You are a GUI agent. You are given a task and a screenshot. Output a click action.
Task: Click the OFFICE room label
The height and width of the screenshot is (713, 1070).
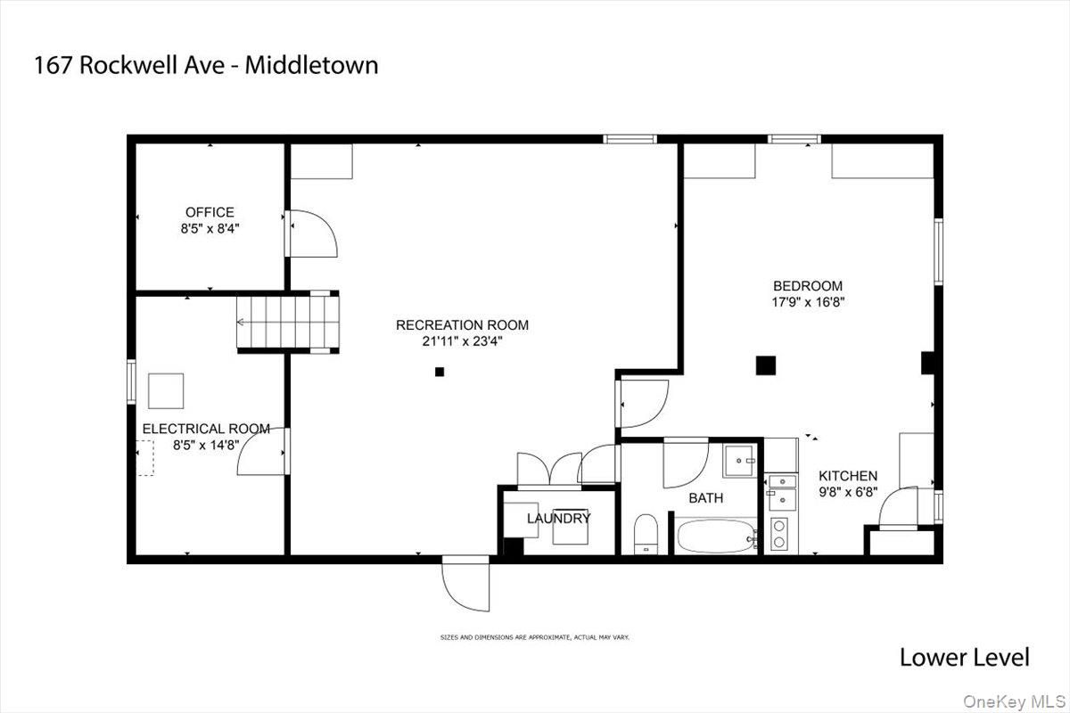coord(210,212)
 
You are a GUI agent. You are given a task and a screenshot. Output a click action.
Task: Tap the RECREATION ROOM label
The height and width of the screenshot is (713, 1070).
coord(463,325)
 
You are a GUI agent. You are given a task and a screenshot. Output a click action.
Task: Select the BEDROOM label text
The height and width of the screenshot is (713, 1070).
coord(808,286)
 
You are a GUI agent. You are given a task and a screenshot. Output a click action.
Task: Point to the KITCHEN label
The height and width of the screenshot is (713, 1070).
coord(848,476)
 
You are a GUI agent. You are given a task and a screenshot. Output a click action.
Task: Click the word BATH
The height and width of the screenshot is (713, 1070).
coord(705,498)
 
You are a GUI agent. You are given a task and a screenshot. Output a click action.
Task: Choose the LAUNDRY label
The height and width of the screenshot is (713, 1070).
coord(559,518)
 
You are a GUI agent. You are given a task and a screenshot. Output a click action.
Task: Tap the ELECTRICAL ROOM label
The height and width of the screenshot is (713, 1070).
coord(206,429)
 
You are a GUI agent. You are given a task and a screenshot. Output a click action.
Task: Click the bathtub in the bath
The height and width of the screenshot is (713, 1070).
coord(716,537)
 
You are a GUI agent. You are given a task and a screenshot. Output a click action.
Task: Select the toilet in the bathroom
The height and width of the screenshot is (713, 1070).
coord(646,535)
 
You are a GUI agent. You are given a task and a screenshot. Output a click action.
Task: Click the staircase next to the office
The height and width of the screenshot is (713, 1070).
coord(288,322)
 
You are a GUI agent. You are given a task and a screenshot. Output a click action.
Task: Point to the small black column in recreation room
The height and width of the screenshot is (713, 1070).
coord(440,372)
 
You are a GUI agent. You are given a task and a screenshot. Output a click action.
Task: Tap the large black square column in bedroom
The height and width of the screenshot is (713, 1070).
coord(766,365)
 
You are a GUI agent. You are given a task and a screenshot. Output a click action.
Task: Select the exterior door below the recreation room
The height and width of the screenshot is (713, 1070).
coord(465,583)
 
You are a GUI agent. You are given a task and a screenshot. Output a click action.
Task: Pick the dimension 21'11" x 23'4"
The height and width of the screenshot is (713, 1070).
coord(463,341)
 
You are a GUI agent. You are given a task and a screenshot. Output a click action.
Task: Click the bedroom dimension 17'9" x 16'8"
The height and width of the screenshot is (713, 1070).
coord(808,302)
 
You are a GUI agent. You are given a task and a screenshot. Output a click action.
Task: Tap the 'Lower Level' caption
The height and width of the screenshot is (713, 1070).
coord(965,658)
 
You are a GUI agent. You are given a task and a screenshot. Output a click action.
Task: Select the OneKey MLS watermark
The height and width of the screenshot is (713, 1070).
coord(1014,701)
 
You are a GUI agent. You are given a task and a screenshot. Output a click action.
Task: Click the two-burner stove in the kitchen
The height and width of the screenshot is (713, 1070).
coord(779,534)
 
